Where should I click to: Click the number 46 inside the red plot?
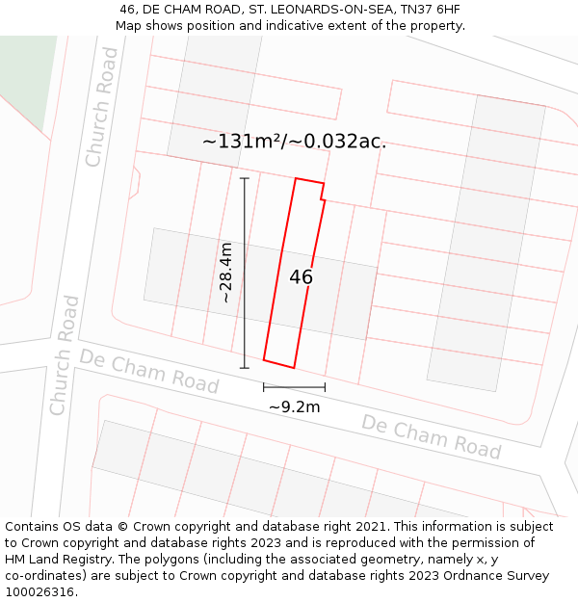(x=301, y=277)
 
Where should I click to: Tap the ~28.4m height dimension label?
(x=226, y=273)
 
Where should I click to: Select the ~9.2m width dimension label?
(x=294, y=406)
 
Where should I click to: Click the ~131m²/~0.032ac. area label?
(x=294, y=141)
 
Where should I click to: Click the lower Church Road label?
(x=65, y=355)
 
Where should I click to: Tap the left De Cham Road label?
(x=149, y=371)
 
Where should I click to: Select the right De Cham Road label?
(x=431, y=436)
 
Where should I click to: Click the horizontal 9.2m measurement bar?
(x=294, y=387)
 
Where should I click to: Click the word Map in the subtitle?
(x=129, y=26)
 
